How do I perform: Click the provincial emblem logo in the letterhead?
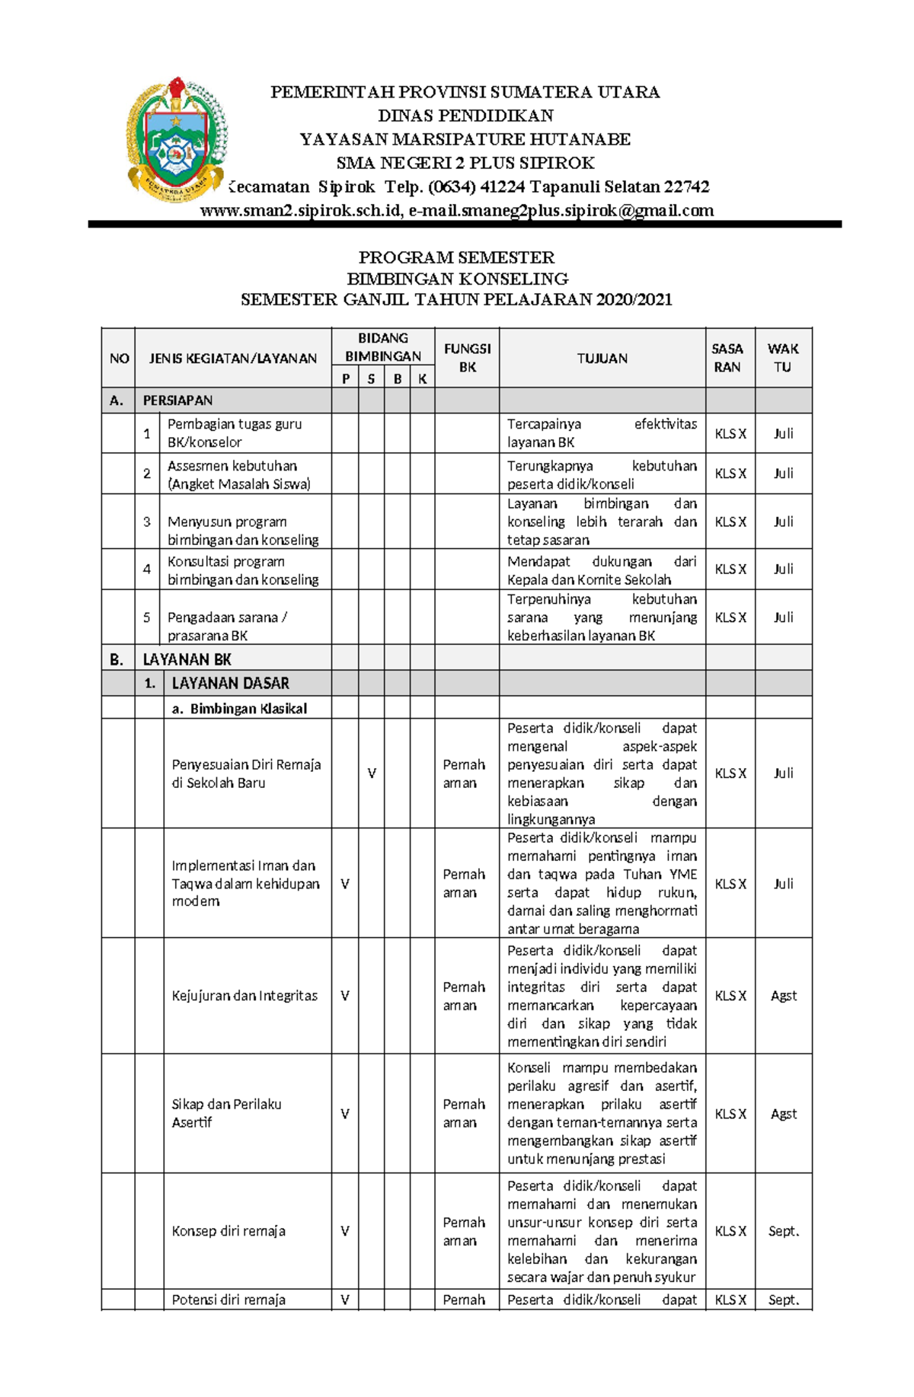[177, 139]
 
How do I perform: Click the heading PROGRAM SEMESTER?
[456, 257]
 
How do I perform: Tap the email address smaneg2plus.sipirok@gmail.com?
[561, 211]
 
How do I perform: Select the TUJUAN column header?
[602, 359]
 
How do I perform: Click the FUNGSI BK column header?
[467, 358]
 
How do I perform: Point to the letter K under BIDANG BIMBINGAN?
[422, 379]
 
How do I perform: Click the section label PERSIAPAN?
[177, 400]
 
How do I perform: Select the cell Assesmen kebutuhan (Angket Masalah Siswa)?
[238, 474]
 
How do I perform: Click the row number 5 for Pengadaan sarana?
[147, 617]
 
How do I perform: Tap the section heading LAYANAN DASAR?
[230, 683]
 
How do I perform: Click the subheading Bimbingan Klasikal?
[239, 709]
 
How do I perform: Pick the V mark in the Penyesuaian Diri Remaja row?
[372, 773]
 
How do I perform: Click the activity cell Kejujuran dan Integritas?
[244, 996]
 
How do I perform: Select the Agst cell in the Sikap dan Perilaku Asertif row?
[783, 1114]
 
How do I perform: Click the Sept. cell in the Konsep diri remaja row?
[783, 1231]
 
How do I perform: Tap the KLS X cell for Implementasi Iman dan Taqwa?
[730, 884]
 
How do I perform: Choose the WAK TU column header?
[783, 358]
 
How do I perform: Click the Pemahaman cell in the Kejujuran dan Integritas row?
[464, 996]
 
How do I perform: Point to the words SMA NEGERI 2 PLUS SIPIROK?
[465, 163]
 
